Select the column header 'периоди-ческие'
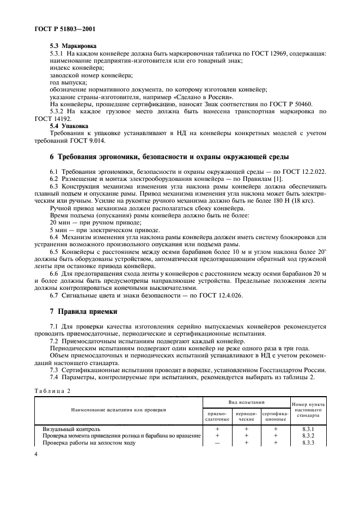point(246,416)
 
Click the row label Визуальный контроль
point(71,429)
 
